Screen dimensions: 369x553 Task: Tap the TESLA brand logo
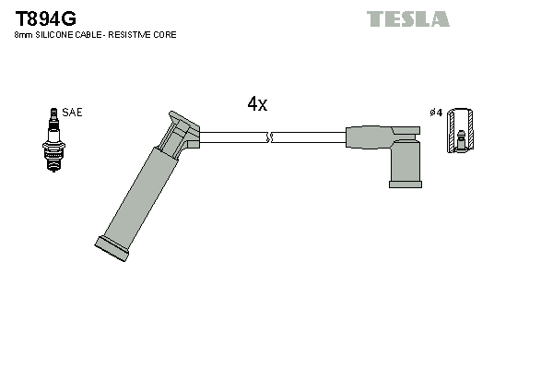tap(407, 18)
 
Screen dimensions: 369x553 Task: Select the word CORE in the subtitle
tap(163, 34)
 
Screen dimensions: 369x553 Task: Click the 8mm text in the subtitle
tap(22, 34)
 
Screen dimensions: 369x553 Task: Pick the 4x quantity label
tap(257, 104)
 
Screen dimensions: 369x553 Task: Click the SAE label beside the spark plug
tap(72, 112)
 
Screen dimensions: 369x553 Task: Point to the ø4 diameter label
tap(436, 113)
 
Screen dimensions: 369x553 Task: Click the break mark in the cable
tap(268, 137)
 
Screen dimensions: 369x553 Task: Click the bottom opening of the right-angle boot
tap(405, 184)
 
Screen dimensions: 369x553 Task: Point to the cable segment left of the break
tap(232, 137)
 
